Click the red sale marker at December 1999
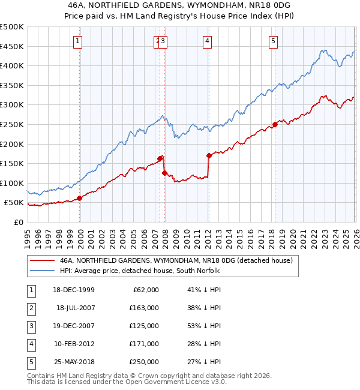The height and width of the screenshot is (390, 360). pyautogui.click(x=80, y=198)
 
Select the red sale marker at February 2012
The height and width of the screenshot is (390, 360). pyautogui.click(x=209, y=155)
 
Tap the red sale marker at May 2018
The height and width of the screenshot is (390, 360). pyautogui.click(x=275, y=125)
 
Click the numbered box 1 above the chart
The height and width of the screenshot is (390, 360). pyautogui.click(x=79, y=41)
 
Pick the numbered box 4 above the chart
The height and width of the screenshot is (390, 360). pyautogui.click(x=207, y=41)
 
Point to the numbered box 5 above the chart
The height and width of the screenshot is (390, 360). pyautogui.click(x=273, y=41)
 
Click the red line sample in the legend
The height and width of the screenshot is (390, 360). pyautogui.click(x=42, y=261)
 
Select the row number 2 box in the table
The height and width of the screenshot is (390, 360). pyautogui.click(x=31, y=308)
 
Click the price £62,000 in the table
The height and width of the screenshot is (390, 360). pyautogui.click(x=146, y=290)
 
